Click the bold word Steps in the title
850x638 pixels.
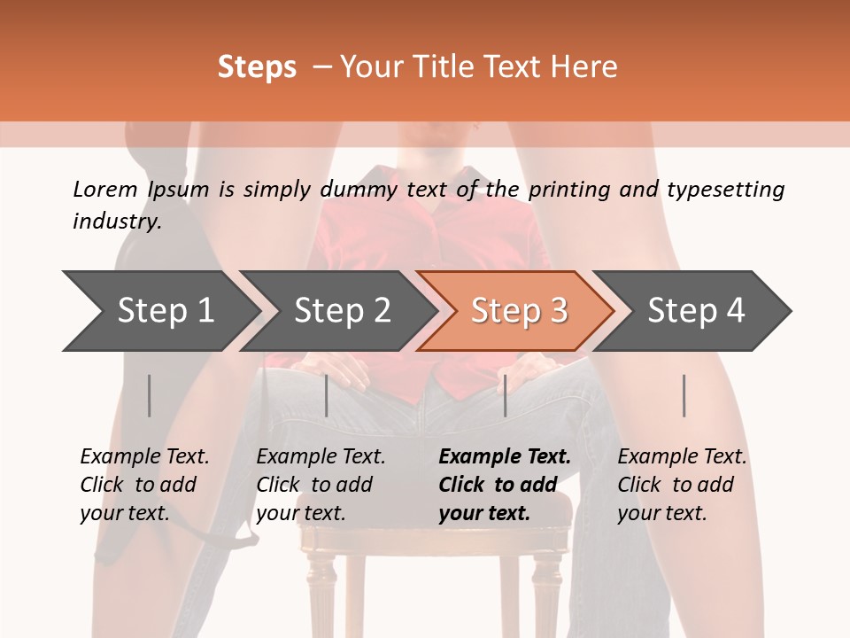pos(257,67)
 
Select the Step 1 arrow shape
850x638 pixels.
pos(161,311)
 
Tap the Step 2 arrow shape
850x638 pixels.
pos(338,311)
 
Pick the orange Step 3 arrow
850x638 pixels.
pos(515,311)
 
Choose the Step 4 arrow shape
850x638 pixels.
pos(692,311)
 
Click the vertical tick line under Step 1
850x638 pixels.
pos(149,395)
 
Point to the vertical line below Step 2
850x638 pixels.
pos(327,395)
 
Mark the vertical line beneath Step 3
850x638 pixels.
pos(506,395)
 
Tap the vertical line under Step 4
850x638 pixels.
pos(684,395)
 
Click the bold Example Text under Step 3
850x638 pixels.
pos(505,456)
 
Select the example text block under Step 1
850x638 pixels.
pos(144,485)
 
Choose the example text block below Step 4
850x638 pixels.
pos(682,485)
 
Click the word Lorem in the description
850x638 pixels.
pos(105,190)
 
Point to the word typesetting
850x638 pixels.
pos(726,191)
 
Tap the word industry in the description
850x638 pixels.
pos(115,221)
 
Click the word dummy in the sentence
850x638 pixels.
pos(359,191)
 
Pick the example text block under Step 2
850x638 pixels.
pos(321,485)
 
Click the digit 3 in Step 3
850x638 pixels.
pos(559,311)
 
